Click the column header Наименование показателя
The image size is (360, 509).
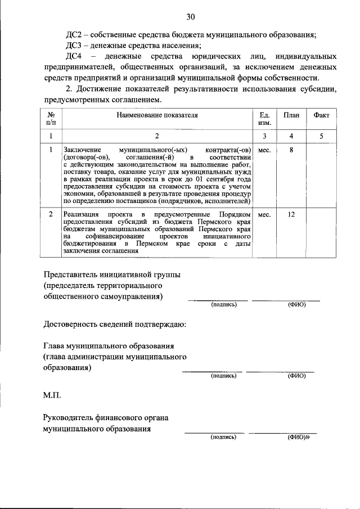[x=157, y=115]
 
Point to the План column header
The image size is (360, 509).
[x=291, y=115]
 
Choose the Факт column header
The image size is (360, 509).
[x=322, y=115]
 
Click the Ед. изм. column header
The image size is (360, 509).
[x=264, y=119]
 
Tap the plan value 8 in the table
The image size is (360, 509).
[x=291, y=151]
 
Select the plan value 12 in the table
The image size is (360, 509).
[x=291, y=215]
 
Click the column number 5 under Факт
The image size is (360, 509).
[x=322, y=136]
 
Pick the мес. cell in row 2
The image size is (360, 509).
[x=264, y=215]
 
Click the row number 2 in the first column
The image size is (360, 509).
[x=51, y=215]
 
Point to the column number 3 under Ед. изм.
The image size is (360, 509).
[x=264, y=136]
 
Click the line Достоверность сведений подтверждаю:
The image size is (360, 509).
[x=115, y=325]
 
